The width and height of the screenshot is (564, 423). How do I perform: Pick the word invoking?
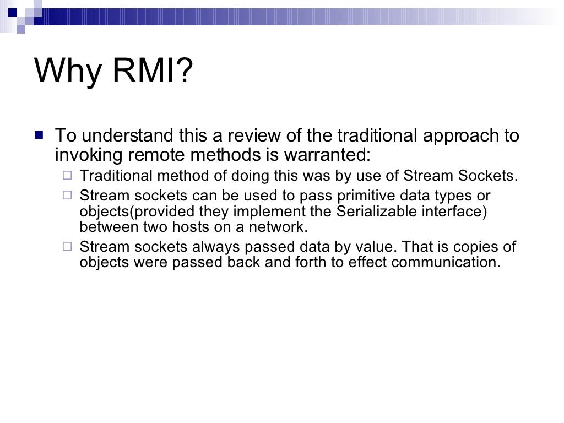click(x=89, y=155)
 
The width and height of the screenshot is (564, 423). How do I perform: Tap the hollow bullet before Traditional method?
click(x=67, y=176)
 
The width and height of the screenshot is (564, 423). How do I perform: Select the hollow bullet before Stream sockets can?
click(x=67, y=195)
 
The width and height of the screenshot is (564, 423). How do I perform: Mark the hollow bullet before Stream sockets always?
click(x=67, y=246)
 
